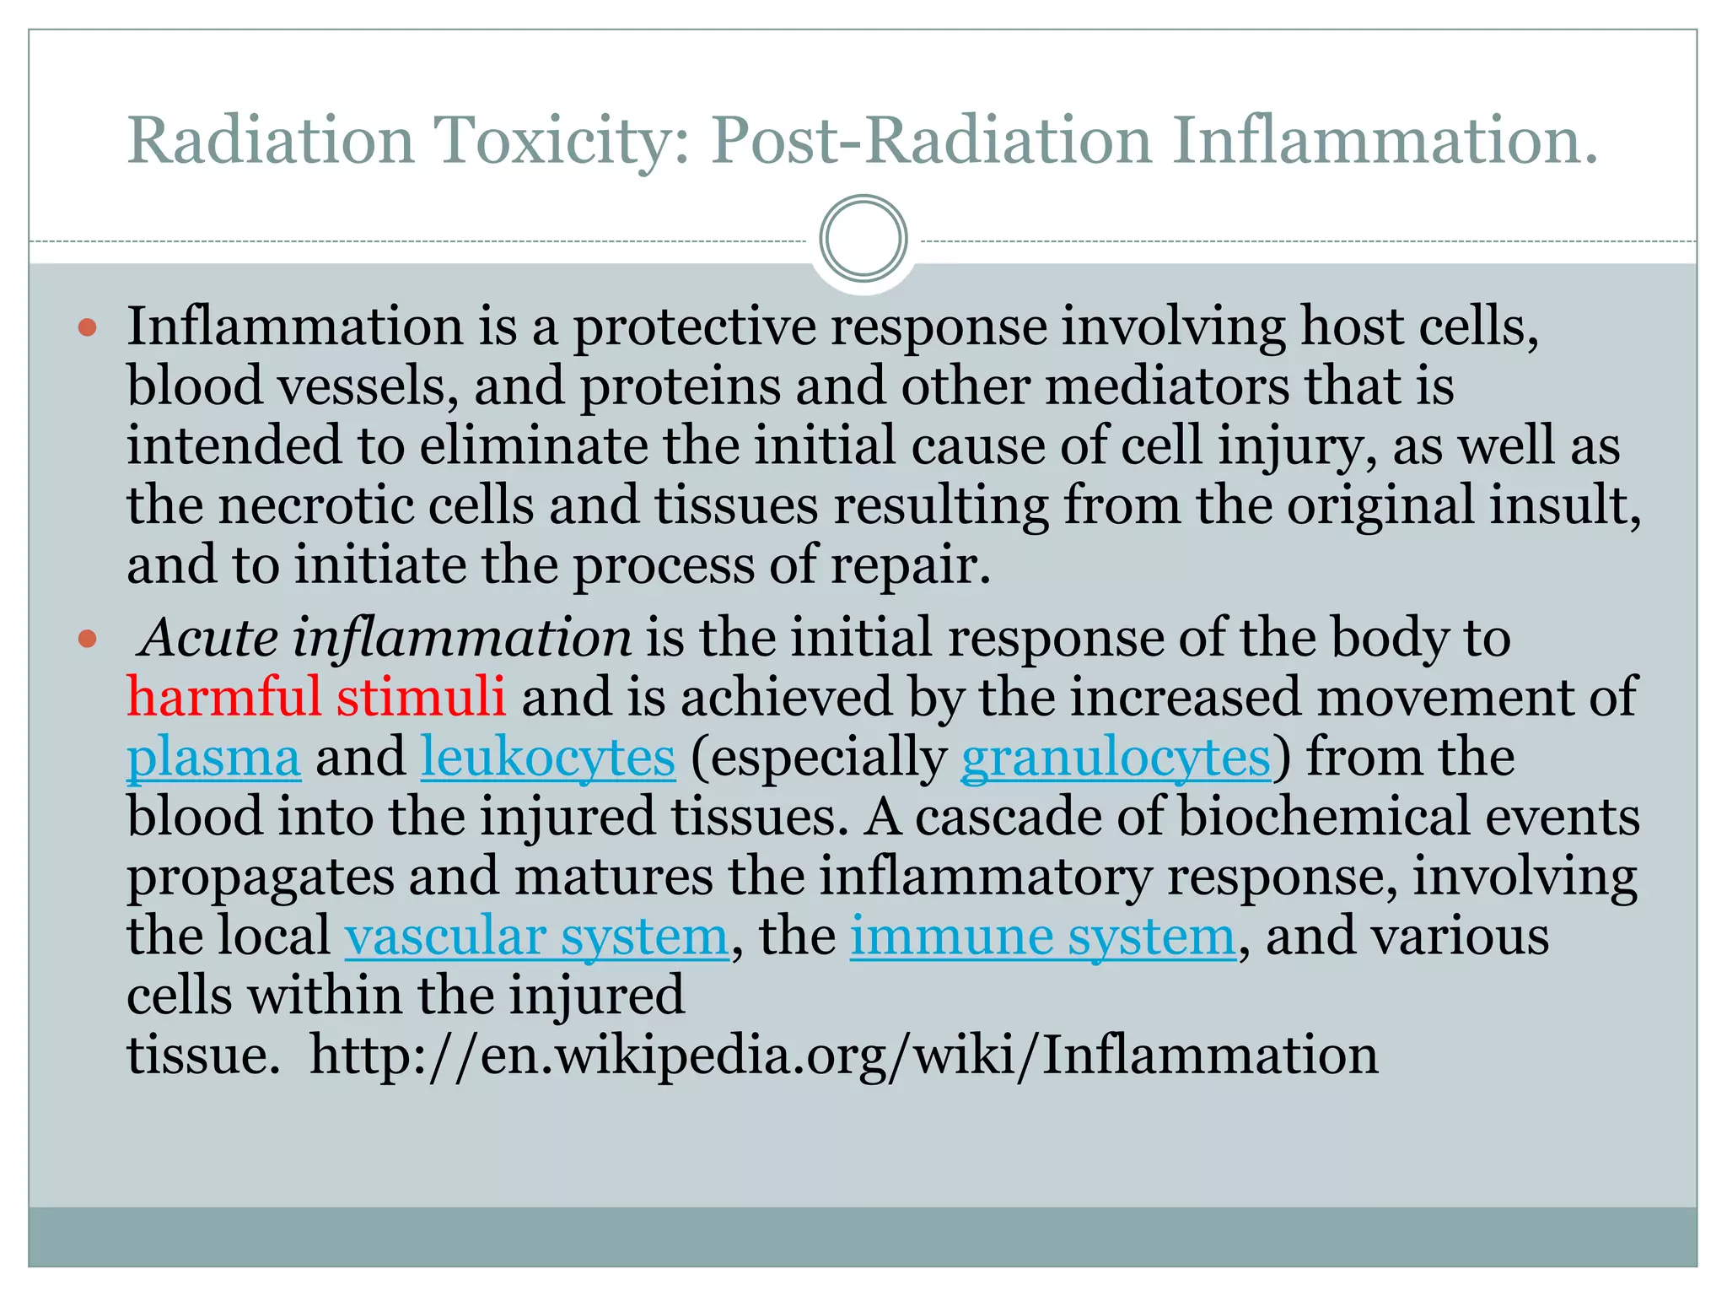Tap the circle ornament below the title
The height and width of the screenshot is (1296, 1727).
point(863,238)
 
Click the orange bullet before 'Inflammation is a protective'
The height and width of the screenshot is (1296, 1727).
point(88,327)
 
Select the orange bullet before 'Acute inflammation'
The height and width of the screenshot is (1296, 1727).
point(88,639)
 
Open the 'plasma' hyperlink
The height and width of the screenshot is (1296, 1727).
point(213,757)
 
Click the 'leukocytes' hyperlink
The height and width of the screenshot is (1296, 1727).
point(548,757)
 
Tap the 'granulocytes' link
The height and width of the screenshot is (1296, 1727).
point(1116,757)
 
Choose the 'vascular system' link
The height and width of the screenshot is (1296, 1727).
point(536,937)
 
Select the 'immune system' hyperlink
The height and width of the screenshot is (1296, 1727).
point(1043,937)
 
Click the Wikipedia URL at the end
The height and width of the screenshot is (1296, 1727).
point(844,1056)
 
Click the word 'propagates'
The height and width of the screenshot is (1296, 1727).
point(261,877)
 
